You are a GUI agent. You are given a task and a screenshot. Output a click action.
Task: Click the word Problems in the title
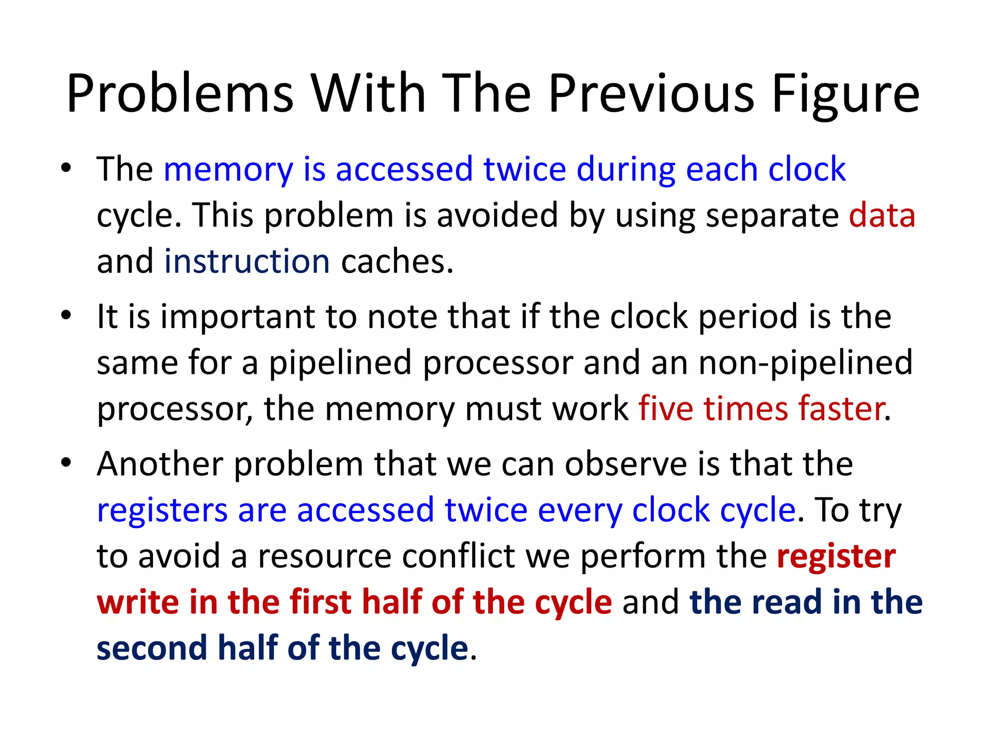[x=180, y=94]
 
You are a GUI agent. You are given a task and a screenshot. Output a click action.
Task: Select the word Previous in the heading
[x=651, y=94]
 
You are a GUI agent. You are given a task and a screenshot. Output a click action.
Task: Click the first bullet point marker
[x=66, y=169]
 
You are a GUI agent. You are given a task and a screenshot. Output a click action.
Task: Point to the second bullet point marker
[x=66, y=316]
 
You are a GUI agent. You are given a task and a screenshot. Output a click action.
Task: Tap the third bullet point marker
[x=66, y=463]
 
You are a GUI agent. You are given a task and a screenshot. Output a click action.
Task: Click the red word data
[x=882, y=215]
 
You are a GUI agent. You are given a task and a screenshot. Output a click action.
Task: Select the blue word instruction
[x=247, y=261]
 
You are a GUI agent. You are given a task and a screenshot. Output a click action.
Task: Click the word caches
[x=397, y=261]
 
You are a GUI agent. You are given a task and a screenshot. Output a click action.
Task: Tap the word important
[x=237, y=317]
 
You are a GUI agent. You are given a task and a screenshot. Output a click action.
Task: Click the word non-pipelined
[x=805, y=362]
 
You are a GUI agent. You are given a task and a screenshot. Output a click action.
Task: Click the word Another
[x=160, y=463]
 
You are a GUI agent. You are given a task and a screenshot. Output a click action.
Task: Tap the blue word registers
[x=162, y=510]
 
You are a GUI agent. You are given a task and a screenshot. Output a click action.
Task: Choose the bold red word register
[x=836, y=556]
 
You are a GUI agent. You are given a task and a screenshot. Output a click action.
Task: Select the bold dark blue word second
[x=152, y=648]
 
